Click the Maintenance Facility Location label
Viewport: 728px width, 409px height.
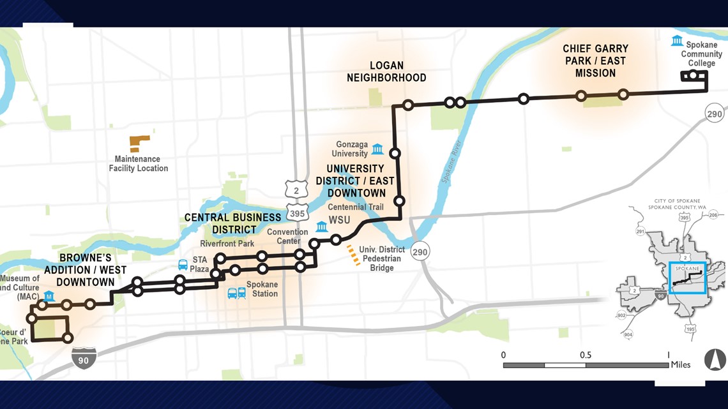139,164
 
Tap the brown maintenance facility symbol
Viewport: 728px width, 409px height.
139,143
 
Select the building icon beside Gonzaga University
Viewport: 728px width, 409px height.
377,149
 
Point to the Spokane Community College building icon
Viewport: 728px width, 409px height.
676,41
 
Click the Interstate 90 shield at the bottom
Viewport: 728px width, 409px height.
84,359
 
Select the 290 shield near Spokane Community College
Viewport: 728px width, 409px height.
715,114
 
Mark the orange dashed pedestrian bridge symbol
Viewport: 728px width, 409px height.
353,255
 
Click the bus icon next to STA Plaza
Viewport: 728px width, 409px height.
183,265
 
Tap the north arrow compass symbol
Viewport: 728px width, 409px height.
715,360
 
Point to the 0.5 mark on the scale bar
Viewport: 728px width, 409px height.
586,355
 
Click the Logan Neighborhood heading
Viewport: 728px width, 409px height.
386,71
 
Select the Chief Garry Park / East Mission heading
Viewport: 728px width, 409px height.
595,61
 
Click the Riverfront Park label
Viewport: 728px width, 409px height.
227,244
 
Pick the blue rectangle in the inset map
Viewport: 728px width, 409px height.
687,278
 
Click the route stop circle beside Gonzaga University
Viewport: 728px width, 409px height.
395,153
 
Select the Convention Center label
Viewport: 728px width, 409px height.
287,236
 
